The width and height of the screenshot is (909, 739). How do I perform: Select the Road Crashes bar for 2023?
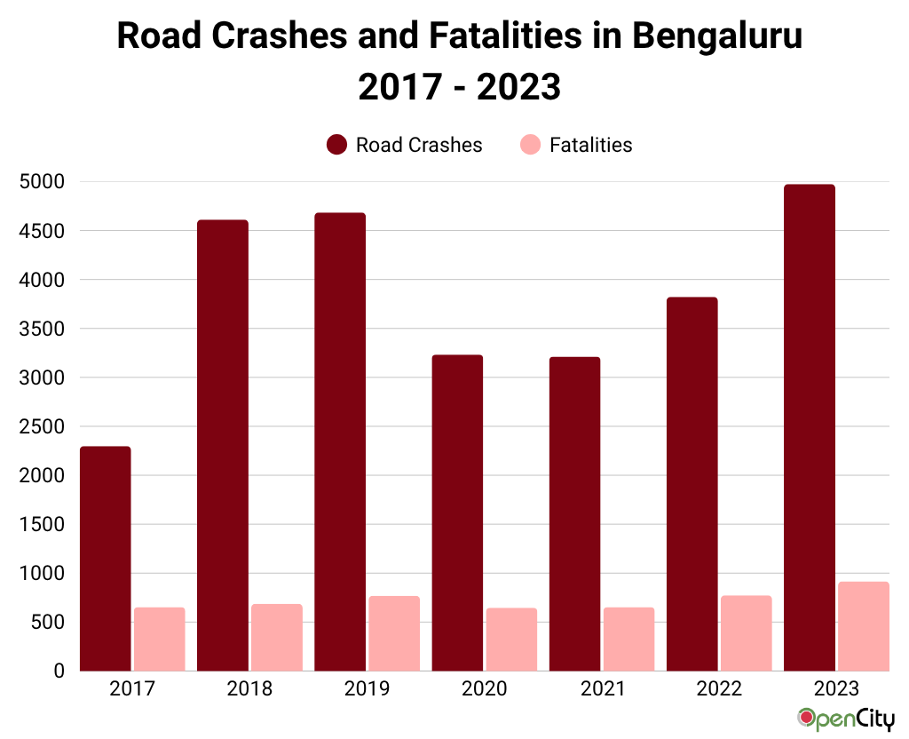810,427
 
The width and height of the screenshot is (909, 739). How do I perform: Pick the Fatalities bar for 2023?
864,626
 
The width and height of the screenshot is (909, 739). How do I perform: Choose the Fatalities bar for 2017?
160,639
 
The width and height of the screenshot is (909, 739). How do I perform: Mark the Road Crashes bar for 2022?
692,484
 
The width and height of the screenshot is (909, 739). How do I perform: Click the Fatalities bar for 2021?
628,639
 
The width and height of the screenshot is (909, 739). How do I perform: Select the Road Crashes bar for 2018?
223,445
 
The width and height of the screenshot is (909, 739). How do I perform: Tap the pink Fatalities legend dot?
530,145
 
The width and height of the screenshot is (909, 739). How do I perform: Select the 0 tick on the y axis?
59,671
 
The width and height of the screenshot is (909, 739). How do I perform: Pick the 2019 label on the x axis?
367,689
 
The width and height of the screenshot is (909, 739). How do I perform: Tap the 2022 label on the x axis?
719,689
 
